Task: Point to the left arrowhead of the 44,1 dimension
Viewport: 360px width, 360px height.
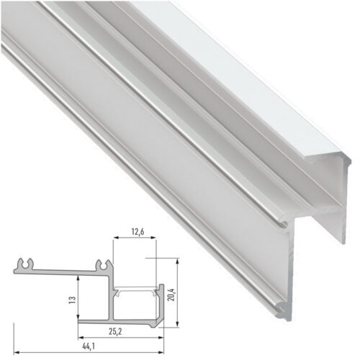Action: coord(15,345)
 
